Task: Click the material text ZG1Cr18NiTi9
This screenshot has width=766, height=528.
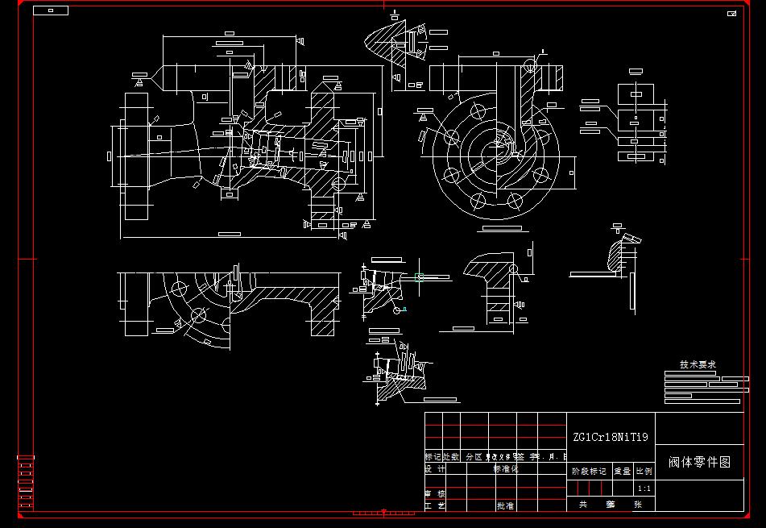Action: coord(610,438)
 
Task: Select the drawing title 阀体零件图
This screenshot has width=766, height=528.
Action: coord(699,462)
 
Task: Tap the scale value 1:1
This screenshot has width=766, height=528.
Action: coord(644,489)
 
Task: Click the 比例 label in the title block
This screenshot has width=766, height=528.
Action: coord(644,472)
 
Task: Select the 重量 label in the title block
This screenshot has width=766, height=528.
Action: coord(623,472)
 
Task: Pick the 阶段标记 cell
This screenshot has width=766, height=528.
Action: coord(589,472)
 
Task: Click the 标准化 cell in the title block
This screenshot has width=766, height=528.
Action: coord(507,468)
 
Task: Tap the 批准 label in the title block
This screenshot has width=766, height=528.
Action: coord(505,506)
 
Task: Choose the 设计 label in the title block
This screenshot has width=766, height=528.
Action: coord(435,468)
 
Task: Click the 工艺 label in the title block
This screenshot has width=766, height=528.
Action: coord(435,506)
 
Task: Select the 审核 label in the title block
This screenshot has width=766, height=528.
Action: coord(435,493)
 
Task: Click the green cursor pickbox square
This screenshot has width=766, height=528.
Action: coord(384,511)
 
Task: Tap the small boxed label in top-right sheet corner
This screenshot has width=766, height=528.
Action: coord(732,14)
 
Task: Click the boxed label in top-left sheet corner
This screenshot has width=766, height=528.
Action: coord(52,10)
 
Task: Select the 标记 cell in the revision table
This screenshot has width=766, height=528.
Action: coord(433,456)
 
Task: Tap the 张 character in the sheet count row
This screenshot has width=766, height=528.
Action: coord(638,505)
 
